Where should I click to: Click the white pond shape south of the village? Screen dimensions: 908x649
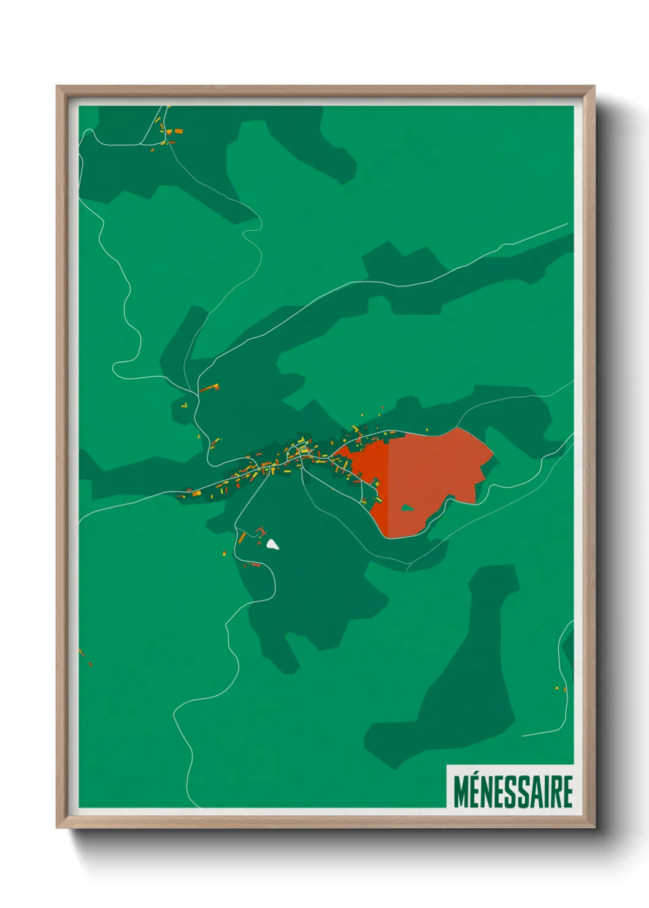272,544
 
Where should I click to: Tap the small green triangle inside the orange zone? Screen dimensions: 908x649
407,507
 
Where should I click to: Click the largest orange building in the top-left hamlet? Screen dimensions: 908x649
179,131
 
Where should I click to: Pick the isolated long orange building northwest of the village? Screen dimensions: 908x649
209,388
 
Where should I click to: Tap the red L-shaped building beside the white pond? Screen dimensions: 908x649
260,530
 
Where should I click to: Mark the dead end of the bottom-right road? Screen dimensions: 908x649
523,736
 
